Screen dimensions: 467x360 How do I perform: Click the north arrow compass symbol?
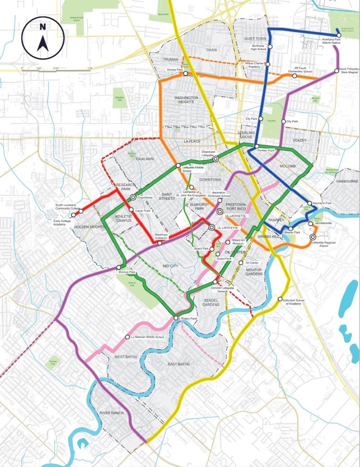pos(43,38)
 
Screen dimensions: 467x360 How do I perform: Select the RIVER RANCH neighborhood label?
pos(111,413)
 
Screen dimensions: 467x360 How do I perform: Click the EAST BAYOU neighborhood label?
pos(178,364)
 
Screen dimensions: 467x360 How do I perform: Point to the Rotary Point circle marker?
pos(176,318)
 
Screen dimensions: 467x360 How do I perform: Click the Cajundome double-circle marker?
pos(133,197)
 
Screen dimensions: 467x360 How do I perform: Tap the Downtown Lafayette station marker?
pos(216,159)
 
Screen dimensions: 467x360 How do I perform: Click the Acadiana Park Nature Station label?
pos(331,41)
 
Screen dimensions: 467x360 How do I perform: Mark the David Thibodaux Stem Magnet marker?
pos(336,70)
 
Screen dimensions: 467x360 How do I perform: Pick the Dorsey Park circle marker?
pos(186,74)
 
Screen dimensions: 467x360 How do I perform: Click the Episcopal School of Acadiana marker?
pos(280,299)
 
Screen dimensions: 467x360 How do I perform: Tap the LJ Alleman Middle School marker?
pos(127,337)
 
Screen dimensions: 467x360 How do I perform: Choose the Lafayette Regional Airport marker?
pos(313,237)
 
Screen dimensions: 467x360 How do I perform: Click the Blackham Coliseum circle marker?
pos(160,243)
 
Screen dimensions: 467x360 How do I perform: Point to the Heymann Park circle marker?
pos(310,203)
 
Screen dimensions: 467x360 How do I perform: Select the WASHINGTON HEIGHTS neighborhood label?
pos(186,100)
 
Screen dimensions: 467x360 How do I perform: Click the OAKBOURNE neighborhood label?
pos(347,181)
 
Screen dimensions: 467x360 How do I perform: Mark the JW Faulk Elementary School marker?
pos(294,76)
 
